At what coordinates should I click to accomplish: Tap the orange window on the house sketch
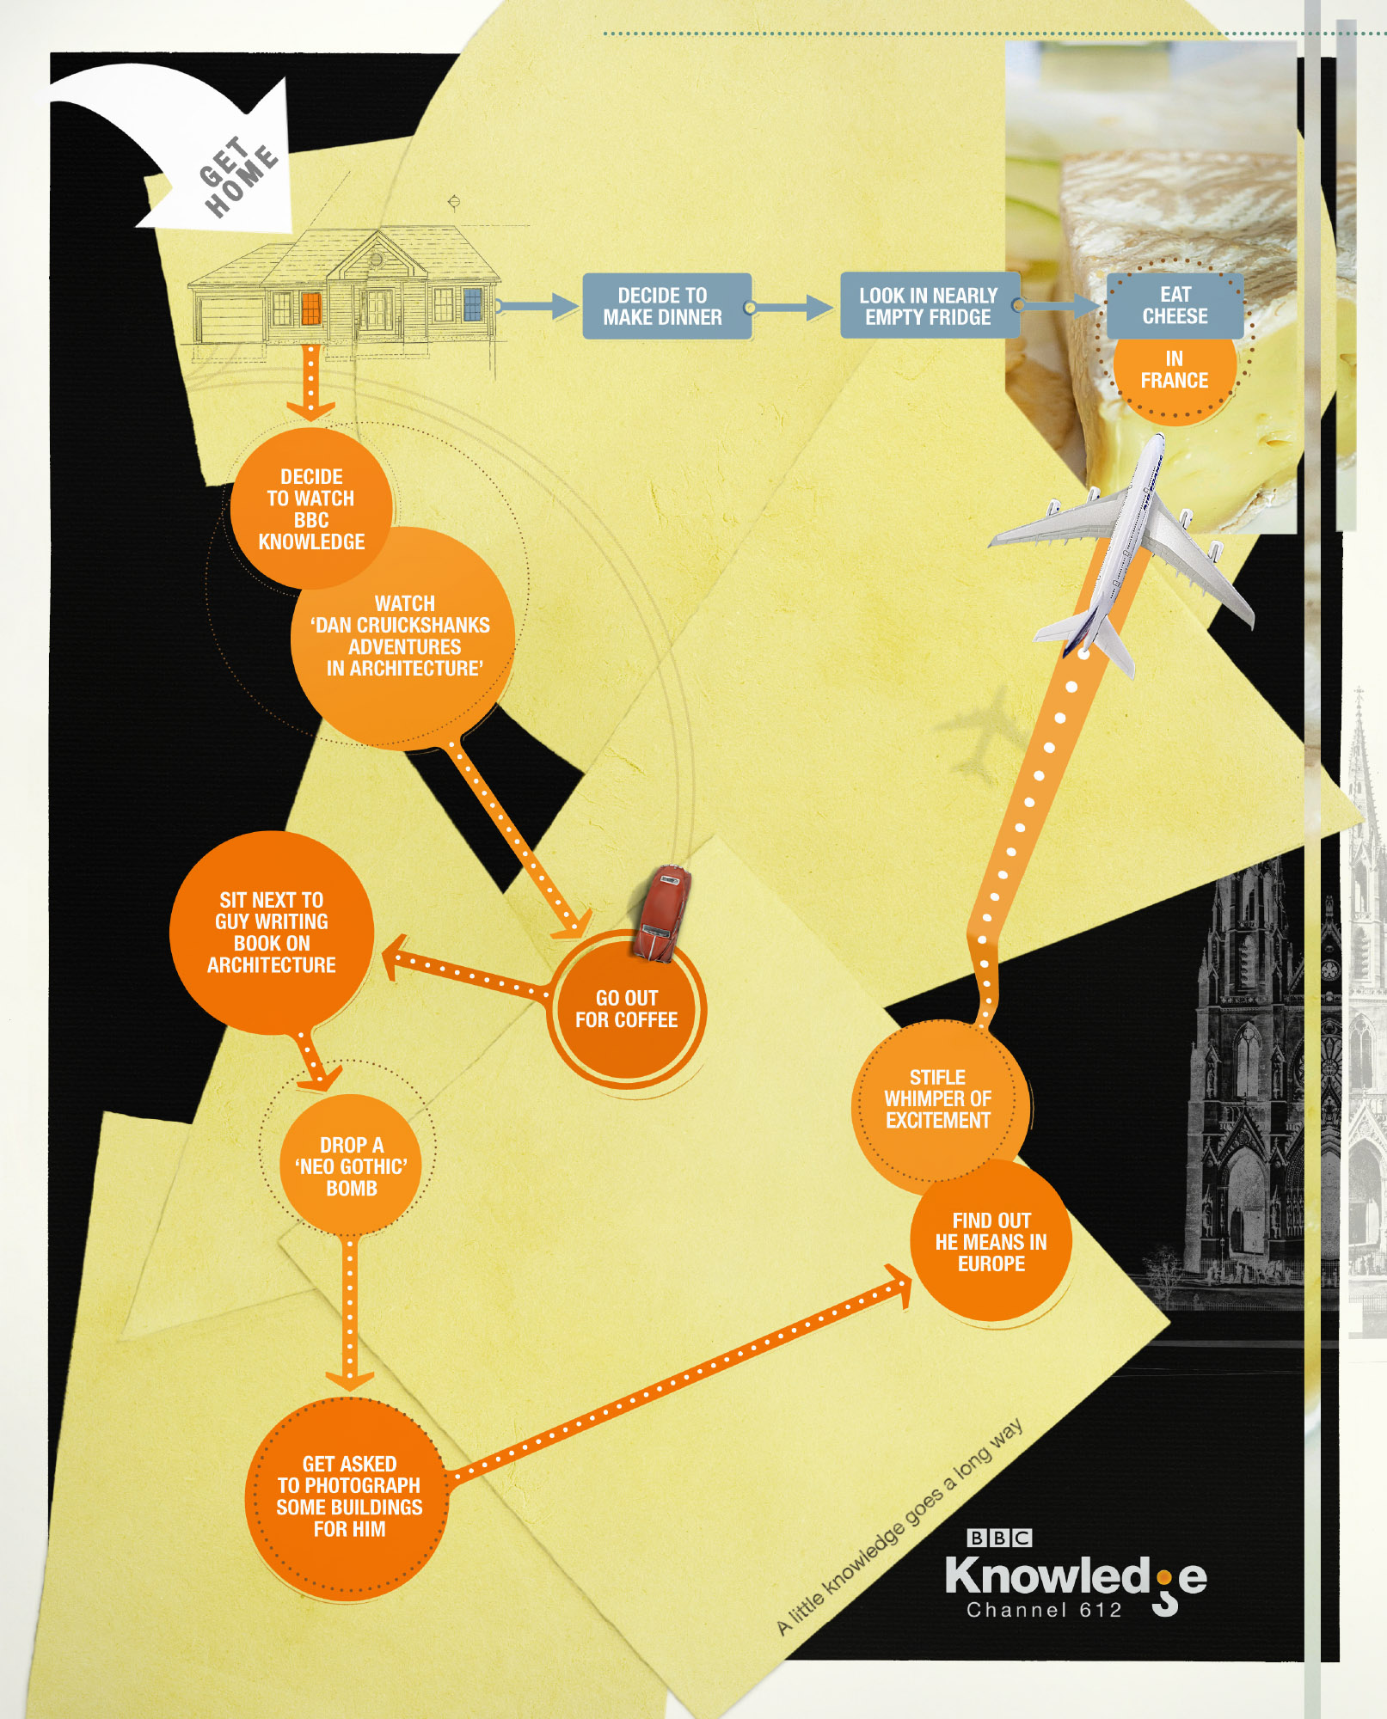310,309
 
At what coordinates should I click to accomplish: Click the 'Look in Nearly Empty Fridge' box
930,306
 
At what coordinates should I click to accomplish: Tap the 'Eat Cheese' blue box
1175,305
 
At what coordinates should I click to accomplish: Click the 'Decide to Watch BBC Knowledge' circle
311,508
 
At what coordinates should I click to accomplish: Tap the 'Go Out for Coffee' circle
627,1010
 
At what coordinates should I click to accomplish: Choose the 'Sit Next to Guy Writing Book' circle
272,933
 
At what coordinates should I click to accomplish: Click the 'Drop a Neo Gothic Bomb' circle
351,1165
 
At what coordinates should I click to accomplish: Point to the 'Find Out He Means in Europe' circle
991,1240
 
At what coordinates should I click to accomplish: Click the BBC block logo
999,1538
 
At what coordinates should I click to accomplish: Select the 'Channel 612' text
1045,1610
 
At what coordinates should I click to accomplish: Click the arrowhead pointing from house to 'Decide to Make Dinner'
565,306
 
